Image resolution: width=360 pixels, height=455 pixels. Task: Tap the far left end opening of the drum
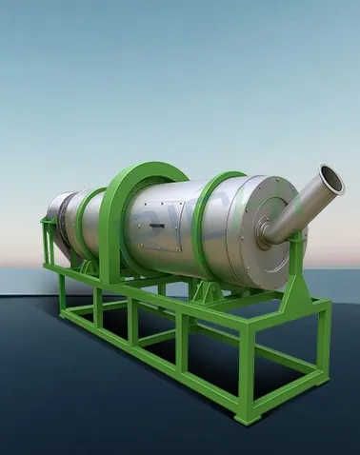coord(55,219)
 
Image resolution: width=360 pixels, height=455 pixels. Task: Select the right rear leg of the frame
coord(325,352)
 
